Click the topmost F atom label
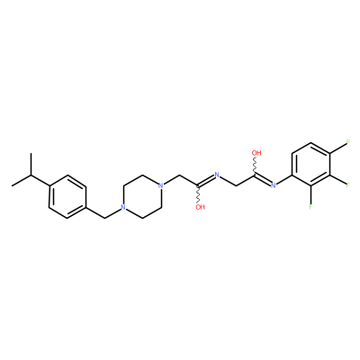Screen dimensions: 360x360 point(348,141)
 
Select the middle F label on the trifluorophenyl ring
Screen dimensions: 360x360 point(348,184)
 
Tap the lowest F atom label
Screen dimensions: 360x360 point(310,207)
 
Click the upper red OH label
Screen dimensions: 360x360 point(256,153)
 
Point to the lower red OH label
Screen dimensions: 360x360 point(200,207)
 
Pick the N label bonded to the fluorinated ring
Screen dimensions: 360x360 point(273,185)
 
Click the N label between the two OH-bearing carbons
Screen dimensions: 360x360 point(217,175)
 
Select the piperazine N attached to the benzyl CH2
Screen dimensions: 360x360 point(122,207)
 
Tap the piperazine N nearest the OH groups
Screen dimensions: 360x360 point(160,185)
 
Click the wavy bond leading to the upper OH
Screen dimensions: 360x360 point(256,166)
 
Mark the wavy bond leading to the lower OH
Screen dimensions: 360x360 point(198,194)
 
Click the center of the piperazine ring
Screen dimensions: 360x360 point(141,196)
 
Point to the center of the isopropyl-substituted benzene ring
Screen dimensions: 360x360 point(67,196)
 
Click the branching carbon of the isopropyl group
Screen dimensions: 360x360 point(31,175)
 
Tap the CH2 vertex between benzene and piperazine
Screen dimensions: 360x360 point(105,218)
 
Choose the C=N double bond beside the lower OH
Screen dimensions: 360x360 point(206,180)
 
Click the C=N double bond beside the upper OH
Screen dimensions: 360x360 point(263,179)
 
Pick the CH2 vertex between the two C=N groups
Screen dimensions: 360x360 point(236,185)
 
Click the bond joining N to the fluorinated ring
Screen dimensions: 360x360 point(283,180)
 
